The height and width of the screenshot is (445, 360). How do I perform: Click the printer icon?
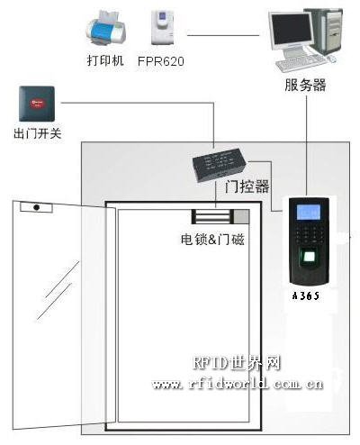click(x=106, y=29)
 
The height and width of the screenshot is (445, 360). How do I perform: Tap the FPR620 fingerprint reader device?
click(x=163, y=27)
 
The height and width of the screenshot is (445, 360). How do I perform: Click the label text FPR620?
click(x=161, y=61)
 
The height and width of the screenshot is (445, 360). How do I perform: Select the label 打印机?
click(x=105, y=60)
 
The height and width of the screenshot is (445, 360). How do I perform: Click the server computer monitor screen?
click(x=291, y=29)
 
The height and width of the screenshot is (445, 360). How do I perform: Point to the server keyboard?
click(x=301, y=62)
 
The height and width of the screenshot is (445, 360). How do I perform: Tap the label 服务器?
click(x=305, y=85)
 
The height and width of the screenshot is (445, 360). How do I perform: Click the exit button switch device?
click(x=37, y=104)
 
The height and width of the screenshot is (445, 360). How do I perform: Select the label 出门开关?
click(x=38, y=133)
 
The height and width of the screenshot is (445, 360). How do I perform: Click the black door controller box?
click(x=220, y=164)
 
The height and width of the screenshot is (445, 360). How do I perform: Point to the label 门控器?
click(x=247, y=186)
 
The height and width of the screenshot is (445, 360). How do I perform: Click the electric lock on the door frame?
click(x=220, y=216)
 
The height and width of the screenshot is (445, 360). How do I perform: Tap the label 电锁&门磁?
click(x=212, y=240)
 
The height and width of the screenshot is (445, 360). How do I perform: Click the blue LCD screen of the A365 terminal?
click(x=308, y=212)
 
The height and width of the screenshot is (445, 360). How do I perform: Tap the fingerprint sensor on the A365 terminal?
click(x=309, y=257)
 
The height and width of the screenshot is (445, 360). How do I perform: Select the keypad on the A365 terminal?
click(x=309, y=233)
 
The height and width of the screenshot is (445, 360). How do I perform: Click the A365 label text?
click(x=306, y=296)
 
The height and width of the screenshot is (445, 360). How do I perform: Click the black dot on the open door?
click(x=37, y=207)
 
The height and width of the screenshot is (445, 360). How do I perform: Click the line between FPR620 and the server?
click(x=223, y=35)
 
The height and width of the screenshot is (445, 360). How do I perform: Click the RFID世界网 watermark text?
click(x=237, y=363)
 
